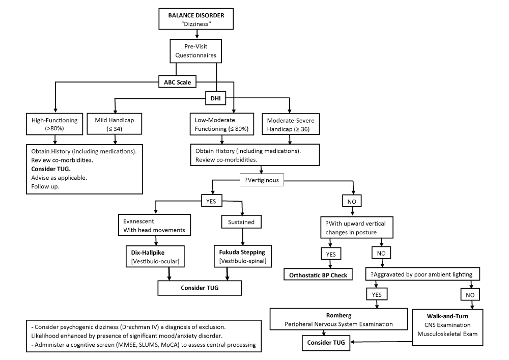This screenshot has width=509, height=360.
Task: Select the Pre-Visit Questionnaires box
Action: [x=196, y=50]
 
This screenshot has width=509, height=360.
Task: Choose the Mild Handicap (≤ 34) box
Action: [x=115, y=124]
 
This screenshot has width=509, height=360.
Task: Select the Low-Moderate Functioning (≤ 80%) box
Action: [x=222, y=124]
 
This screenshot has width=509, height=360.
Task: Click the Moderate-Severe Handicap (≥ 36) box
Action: [x=290, y=124]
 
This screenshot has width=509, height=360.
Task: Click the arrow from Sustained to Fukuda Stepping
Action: [x=242, y=237]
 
